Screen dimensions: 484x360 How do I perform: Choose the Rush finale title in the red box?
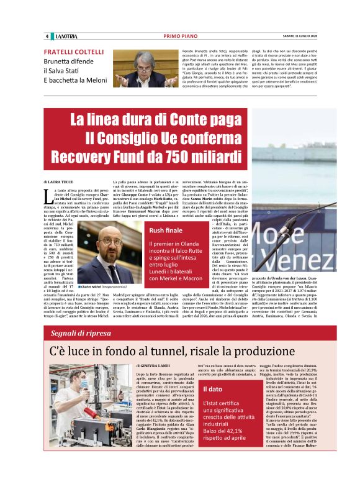(164, 231)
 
